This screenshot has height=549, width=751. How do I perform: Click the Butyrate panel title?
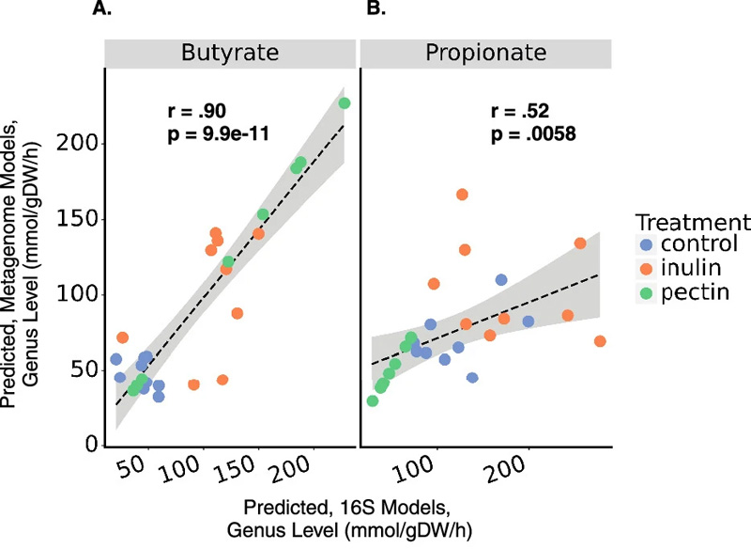[x=230, y=53]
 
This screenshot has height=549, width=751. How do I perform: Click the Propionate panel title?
[x=485, y=53]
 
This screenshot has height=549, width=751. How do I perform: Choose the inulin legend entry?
[x=686, y=269]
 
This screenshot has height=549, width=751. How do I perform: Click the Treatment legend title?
[x=692, y=223]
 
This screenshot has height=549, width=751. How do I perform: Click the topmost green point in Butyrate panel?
[x=345, y=103]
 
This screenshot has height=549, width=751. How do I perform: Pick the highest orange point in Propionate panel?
[x=462, y=195]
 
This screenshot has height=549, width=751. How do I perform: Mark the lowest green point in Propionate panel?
[x=373, y=400]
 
